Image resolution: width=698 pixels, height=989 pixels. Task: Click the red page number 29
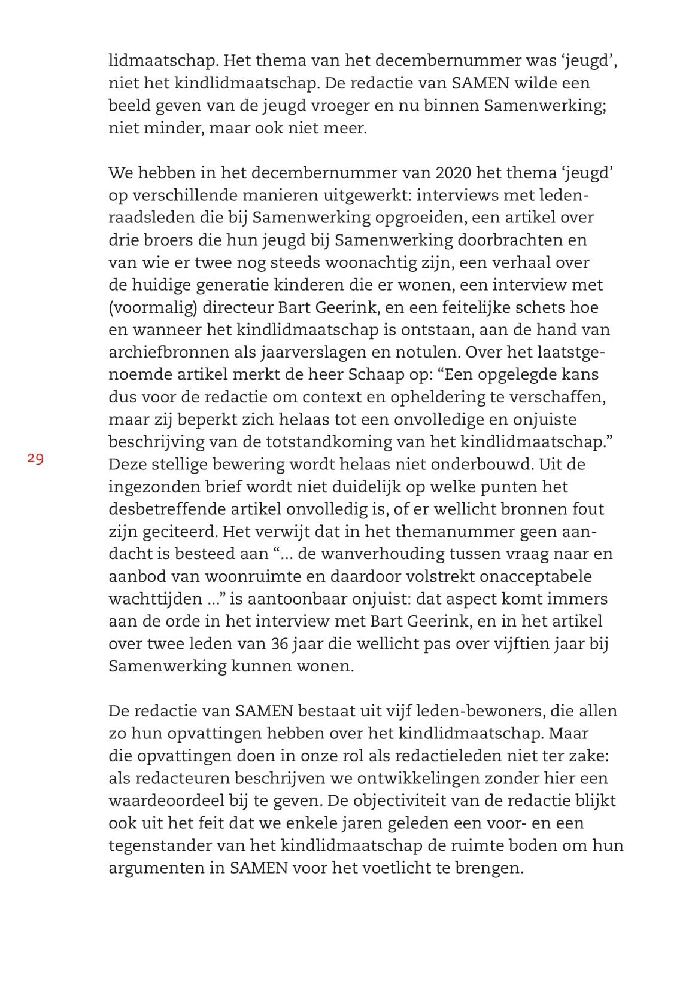pyautogui.click(x=35, y=459)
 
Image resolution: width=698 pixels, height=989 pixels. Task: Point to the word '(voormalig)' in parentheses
pyautogui.click(x=153, y=307)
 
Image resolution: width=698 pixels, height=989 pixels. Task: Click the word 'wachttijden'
pyautogui.click(x=156, y=599)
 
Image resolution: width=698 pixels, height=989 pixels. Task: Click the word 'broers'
pyautogui.click(x=163, y=240)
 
